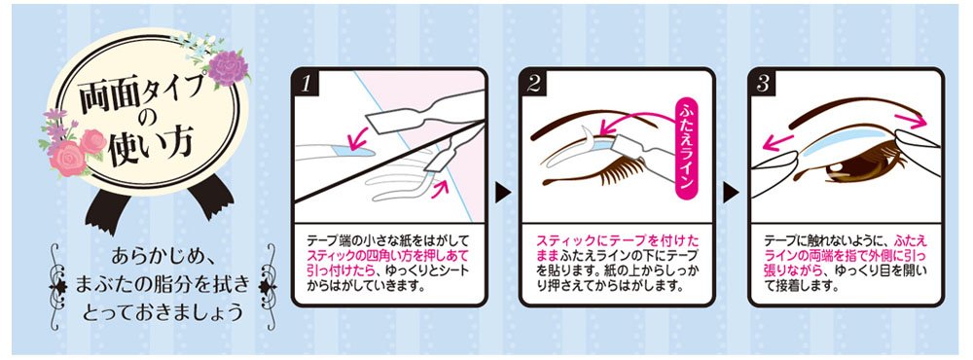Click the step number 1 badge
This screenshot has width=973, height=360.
click(306, 83)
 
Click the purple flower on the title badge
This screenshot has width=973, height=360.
click(228, 68)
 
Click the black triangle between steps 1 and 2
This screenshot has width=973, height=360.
click(502, 193)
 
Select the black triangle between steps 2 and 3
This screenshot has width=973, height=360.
click(731, 193)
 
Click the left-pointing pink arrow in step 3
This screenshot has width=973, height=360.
click(778, 141)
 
